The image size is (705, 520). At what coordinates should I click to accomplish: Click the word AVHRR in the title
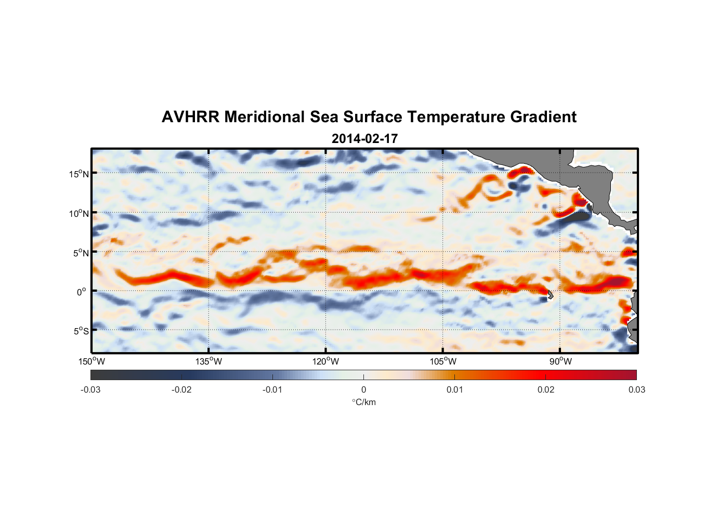coord(190,117)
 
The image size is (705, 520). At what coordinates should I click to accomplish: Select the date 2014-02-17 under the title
coord(364,139)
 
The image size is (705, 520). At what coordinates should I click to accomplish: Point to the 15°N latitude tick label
coord(79,174)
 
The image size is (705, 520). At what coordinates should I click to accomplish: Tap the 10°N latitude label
coord(79,213)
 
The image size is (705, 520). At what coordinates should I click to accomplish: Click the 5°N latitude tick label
coord(81,253)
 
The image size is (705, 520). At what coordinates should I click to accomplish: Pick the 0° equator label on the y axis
coord(82,292)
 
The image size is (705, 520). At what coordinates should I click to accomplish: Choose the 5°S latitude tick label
coord(81,331)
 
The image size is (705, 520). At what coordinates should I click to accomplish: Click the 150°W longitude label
coord(92,361)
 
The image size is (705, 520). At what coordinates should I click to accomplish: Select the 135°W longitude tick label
coord(208,361)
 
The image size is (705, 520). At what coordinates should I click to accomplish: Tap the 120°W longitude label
coord(325,361)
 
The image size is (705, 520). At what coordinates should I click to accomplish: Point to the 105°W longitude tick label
coord(443,361)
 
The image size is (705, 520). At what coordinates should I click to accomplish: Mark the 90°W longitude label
coord(560,361)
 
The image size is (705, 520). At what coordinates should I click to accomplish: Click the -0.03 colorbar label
coord(90,389)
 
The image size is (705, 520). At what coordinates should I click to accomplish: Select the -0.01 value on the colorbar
coord(272,389)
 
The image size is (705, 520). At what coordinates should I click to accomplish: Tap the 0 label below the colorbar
coord(363,389)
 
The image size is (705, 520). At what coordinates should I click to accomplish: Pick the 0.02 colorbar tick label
coord(546,389)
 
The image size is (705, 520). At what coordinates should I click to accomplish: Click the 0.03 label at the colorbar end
coord(636,389)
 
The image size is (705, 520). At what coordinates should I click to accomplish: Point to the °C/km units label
coord(364,402)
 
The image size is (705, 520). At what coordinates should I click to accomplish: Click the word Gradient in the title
coord(543,117)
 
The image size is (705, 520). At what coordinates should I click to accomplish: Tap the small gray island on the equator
coord(550,295)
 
